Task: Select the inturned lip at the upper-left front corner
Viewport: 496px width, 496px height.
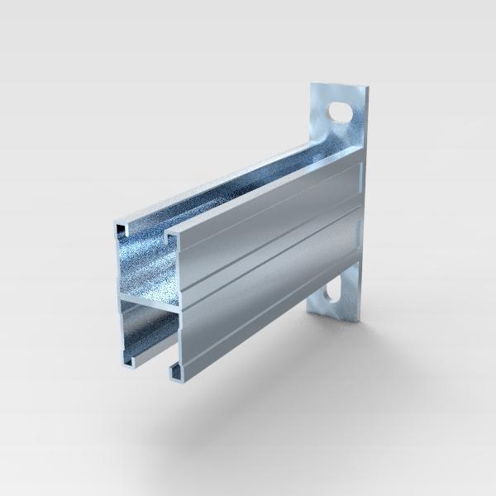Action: [x=121, y=225]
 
